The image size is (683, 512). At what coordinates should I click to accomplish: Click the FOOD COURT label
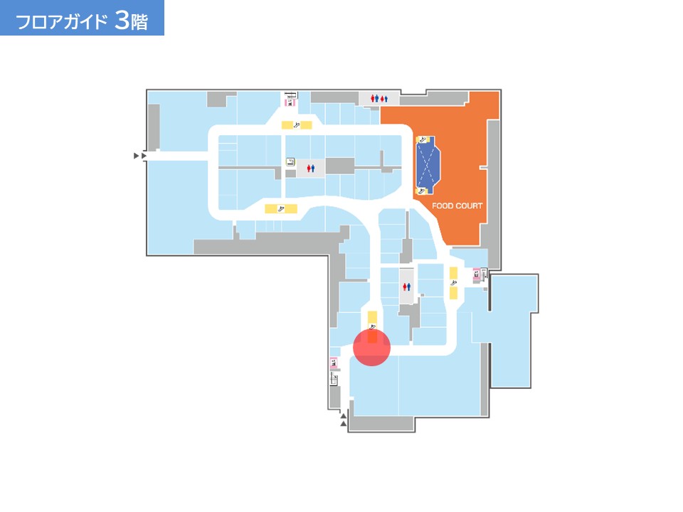coord(457,206)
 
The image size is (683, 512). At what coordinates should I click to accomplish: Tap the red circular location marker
coord(371,348)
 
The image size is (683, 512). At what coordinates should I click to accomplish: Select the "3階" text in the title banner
coord(132,21)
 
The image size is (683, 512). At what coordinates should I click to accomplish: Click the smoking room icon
coord(290,162)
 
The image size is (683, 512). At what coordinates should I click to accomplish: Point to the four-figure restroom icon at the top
coord(379,99)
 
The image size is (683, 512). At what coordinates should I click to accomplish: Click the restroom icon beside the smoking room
coord(311,168)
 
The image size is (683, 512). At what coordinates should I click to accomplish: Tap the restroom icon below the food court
coord(407,287)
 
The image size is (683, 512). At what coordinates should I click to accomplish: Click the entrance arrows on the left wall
coord(140,156)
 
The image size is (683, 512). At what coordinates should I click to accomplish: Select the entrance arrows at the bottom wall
coord(343,420)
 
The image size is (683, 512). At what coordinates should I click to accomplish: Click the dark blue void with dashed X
coord(428,164)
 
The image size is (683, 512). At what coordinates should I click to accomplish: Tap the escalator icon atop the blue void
coord(421,139)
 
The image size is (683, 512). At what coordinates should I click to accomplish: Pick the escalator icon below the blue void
coord(421,191)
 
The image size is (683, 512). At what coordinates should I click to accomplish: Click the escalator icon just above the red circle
coord(372,326)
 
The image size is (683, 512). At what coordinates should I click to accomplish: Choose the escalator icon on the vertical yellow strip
coord(453,283)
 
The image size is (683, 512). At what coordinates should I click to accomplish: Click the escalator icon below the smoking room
coord(281,209)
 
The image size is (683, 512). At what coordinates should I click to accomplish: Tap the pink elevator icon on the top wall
coord(289,102)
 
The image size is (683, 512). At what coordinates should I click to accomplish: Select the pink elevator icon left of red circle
coord(334,363)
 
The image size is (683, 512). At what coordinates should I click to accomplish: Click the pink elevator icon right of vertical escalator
coord(477,274)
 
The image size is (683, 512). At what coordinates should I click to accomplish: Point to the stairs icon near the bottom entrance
coord(334,380)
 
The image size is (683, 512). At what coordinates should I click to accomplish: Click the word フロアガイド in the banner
coord(61,21)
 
